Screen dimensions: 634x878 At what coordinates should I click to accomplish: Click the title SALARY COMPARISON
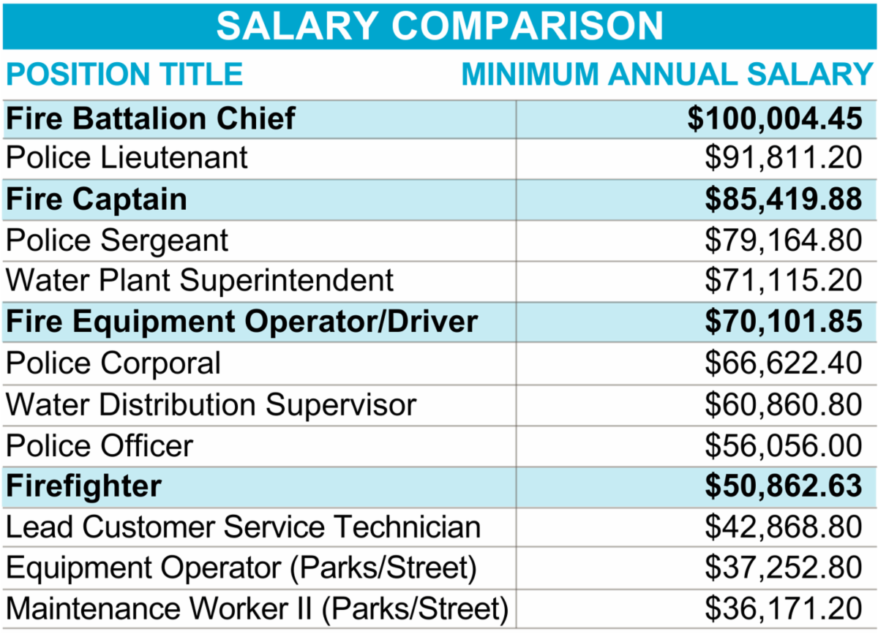439,26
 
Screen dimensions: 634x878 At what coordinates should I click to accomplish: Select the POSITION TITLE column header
124,75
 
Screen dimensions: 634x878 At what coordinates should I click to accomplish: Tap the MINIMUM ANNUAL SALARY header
667,75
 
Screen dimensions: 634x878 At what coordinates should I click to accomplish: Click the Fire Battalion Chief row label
151,118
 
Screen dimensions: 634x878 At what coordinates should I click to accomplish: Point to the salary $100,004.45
775,118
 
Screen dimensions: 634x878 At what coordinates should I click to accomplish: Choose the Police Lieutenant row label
127,158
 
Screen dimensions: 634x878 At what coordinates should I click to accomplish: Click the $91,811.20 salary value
784,158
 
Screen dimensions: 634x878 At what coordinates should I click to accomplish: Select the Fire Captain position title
97,200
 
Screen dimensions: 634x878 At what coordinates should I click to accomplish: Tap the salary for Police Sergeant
784,241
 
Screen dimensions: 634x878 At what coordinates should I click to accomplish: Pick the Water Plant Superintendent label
200,281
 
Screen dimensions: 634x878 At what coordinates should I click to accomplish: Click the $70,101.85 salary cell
784,322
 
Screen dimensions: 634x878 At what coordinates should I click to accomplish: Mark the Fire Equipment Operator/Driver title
241,322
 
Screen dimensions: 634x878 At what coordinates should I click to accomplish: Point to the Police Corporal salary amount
784,363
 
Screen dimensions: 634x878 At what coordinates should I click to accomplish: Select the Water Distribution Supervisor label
211,404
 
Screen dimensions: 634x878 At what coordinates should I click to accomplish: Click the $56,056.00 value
784,445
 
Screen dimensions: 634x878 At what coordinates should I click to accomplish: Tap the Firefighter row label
83,486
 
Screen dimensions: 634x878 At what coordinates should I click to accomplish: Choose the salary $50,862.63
784,486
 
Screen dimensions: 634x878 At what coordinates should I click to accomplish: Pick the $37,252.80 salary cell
784,568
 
